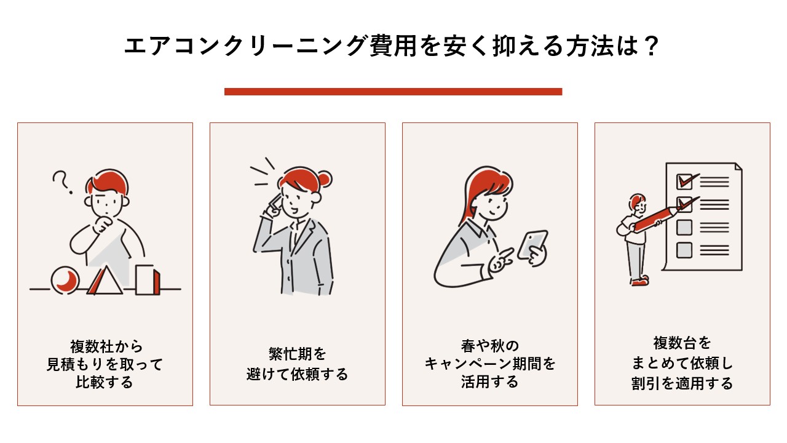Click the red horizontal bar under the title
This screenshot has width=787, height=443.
click(x=393, y=92)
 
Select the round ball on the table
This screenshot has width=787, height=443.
click(x=65, y=280)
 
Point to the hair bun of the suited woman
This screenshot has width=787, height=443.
click(x=325, y=179)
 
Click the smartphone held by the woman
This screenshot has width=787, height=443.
click(x=532, y=245)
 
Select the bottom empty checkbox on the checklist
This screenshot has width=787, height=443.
click(x=684, y=250)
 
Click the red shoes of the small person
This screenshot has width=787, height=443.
click(x=639, y=281)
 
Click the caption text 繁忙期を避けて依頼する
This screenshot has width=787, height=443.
click(x=297, y=364)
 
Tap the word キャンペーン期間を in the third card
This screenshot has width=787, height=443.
click(x=489, y=364)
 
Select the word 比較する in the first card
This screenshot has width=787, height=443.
click(x=105, y=382)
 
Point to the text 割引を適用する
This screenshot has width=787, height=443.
click(x=682, y=383)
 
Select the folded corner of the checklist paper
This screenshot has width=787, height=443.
click(x=736, y=169)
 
